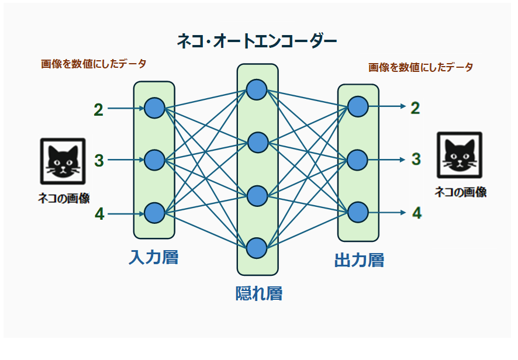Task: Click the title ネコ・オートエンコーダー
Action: (x=257, y=41)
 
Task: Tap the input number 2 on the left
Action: (x=98, y=109)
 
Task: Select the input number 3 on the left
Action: (x=99, y=160)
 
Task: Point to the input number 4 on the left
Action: (x=99, y=214)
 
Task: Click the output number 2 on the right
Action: (x=415, y=108)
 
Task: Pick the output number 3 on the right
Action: (x=416, y=159)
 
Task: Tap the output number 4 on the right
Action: (x=416, y=213)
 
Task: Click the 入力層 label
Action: (x=153, y=257)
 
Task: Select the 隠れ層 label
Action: (x=258, y=293)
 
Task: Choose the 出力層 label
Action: (x=359, y=260)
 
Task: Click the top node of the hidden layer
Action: (x=257, y=89)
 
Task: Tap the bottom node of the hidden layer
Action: (x=257, y=248)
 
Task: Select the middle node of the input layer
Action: (x=154, y=160)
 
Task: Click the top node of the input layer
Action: (x=154, y=108)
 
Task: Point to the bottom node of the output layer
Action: (x=358, y=212)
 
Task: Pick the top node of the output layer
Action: (x=358, y=106)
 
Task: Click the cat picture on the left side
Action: (x=63, y=161)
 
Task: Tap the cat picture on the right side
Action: (x=460, y=155)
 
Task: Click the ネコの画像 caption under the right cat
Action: (x=460, y=192)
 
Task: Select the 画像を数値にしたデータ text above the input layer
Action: (x=94, y=64)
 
